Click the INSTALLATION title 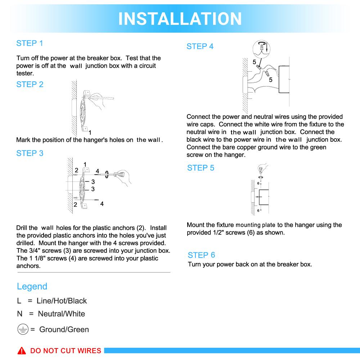180,19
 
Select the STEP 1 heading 30,43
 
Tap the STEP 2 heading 30,85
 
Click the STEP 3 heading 30,153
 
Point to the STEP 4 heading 200,46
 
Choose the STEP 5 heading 201,168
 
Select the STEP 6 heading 201,255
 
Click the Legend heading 32,287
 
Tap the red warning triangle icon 22,351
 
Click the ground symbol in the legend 23,329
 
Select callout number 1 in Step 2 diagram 90,132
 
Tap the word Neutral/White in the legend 62,314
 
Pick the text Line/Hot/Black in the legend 62,301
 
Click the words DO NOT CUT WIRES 66,351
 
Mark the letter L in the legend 19,301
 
